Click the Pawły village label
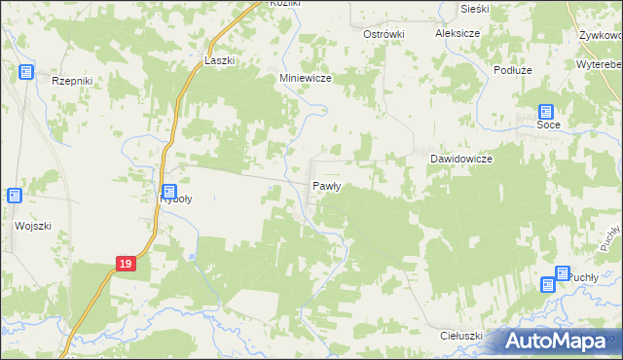click(325, 186)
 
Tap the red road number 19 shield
click(124, 263)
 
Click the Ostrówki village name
click(384, 34)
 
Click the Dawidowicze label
click(461, 159)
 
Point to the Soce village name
click(549, 126)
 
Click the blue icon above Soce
click(546, 112)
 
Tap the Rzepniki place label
click(71, 83)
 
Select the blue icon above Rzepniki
click(26, 72)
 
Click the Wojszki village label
click(32, 226)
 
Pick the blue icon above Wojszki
click(15, 196)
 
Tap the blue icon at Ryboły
click(169, 193)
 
